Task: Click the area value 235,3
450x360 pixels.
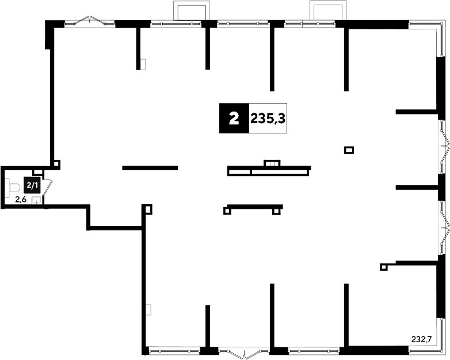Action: point(268,118)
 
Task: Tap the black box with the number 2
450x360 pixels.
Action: point(234,118)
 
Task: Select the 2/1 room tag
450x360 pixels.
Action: point(32,185)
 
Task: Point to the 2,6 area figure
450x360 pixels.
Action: point(21,200)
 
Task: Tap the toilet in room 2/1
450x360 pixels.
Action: point(12,187)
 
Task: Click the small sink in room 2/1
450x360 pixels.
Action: point(36,200)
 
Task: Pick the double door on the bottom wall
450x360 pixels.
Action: point(243,353)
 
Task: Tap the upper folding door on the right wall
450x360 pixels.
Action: point(444,147)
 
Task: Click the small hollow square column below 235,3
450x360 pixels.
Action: point(349,150)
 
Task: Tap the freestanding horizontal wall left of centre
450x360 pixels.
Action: point(150,168)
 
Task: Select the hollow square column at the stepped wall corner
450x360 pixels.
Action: point(147,209)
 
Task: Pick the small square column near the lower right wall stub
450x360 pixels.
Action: point(383,267)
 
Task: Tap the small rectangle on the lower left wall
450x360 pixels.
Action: point(148,310)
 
